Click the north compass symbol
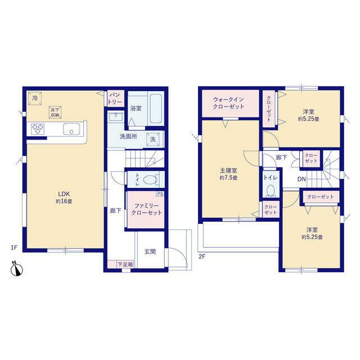pos(16,269)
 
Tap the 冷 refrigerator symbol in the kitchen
pos(35,98)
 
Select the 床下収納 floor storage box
pos(55,112)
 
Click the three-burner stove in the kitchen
pos(38,129)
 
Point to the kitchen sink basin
pos(71,129)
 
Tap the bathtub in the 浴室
pos(156,109)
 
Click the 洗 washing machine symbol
pos(153,139)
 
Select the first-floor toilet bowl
pos(150,179)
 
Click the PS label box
pos(160,193)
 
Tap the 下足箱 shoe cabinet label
pos(125,264)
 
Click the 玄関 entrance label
pos(150,251)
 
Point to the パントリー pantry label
pos(115,98)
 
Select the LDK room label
pos(64,193)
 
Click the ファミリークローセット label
pos(146,209)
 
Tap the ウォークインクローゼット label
pos(228,103)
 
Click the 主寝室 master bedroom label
pos(228,170)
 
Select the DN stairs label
pos(301,179)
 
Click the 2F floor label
pos(201,256)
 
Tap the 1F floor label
pos(14,247)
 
